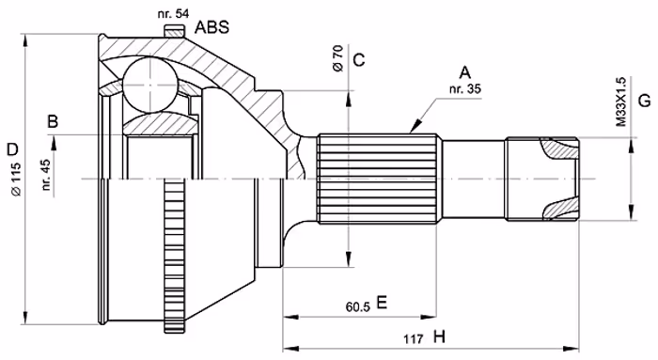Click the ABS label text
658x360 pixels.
[212, 27]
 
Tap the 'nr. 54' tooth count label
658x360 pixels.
[173, 13]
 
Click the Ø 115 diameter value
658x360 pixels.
[16, 179]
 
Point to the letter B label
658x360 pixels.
[53, 121]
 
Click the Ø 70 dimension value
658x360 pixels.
[337, 57]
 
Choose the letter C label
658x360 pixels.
[359, 60]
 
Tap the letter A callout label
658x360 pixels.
[465, 72]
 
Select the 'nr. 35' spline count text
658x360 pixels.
[465, 89]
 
